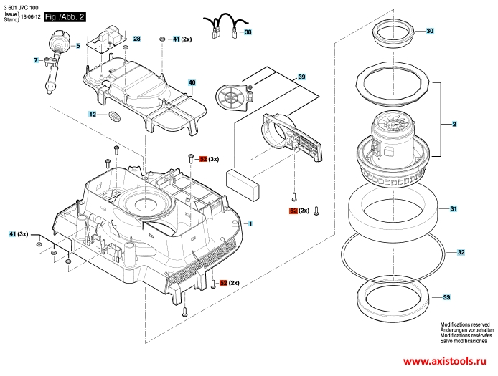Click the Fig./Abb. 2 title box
tap(65, 16)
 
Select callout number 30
tap(430, 31)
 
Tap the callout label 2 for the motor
tap(454, 124)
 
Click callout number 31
tap(454, 208)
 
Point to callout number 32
tap(461, 252)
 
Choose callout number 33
tap(446, 297)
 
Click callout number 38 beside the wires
tap(248, 32)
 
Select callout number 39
tap(301, 77)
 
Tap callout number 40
tap(192, 83)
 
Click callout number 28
tap(136, 39)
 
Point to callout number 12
tap(92, 114)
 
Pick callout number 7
tap(36, 60)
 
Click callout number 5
tap(78, 46)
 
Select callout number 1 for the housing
tap(250, 224)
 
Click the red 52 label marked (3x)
tap(203, 159)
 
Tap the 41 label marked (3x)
tap(12, 234)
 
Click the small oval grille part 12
tap(115, 116)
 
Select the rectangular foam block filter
tap(243, 185)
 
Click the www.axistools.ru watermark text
tap(445, 361)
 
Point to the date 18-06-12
tap(30, 16)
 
